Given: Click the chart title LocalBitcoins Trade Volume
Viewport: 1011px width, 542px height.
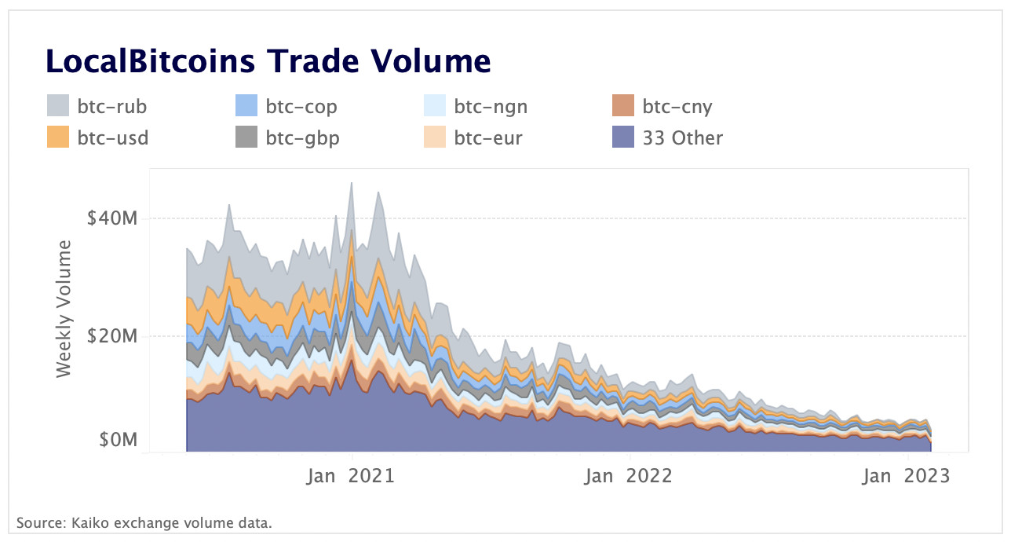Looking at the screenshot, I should click(x=268, y=61).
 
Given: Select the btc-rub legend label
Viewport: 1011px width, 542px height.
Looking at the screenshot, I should click(x=112, y=106).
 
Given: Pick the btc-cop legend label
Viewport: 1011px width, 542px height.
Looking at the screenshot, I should click(x=301, y=106).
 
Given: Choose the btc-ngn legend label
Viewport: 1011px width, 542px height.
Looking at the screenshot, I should click(x=491, y=106).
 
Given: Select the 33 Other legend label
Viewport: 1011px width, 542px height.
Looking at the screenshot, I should click(x=682, y=138).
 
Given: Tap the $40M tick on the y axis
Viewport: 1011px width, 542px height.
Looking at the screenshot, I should click(x=112, y=218).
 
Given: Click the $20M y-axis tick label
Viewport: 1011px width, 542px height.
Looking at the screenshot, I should click(x=112, y=336).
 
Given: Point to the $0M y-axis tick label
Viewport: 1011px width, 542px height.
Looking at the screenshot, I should click(x=118, y=440).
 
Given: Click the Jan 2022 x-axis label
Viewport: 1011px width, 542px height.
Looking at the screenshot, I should click(x=629, y=476).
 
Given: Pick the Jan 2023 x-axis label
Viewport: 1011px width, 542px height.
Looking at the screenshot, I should click(x=906, y=476).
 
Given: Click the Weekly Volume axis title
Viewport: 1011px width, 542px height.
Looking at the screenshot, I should click(x=64, y=309).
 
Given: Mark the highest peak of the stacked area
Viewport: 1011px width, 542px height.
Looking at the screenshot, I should click(x=352, y=183).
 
